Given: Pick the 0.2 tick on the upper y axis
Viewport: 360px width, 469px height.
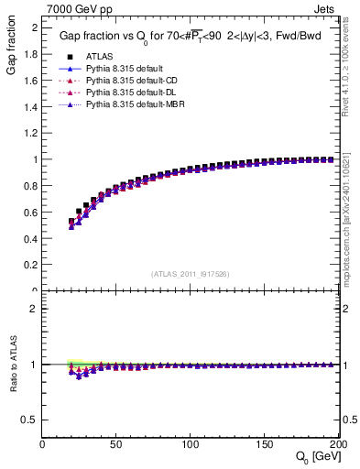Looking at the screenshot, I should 31,265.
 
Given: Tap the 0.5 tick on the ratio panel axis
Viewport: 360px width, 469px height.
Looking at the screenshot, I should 31,420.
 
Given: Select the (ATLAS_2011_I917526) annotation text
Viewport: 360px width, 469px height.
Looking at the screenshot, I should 191,274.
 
